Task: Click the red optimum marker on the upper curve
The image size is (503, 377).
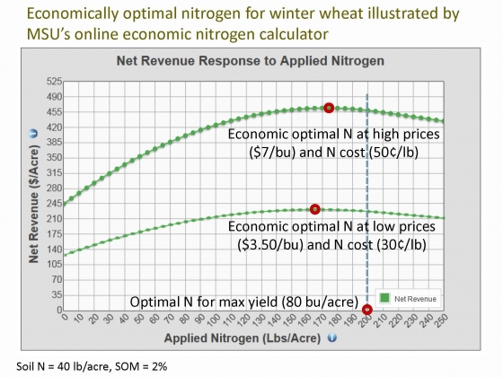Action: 329,108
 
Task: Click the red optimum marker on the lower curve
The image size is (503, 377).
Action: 315,209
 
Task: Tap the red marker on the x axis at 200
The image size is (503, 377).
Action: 367,310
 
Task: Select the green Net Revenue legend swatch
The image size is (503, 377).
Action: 384,298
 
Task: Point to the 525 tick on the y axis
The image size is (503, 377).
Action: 54,82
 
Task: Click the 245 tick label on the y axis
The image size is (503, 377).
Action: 54,203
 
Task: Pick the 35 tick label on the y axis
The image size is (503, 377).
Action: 57,294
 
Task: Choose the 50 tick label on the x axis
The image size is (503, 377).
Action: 140,320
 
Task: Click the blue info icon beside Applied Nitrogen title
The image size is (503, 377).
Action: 332,338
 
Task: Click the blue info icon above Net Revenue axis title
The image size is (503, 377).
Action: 33,134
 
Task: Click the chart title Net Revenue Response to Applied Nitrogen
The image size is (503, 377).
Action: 251,61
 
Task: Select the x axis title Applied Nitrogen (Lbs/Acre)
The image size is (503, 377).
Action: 243,338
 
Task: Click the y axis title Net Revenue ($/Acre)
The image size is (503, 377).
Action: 34,204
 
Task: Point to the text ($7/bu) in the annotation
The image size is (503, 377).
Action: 272,153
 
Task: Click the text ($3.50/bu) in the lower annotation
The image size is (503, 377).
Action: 270,245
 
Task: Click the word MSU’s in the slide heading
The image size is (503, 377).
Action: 49,34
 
